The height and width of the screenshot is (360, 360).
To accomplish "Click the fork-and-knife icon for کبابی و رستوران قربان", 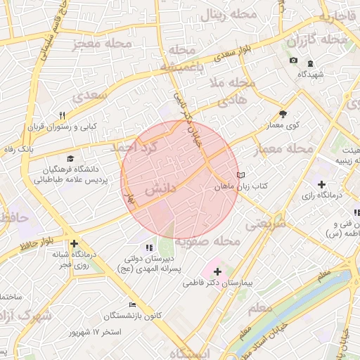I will pos(62,116).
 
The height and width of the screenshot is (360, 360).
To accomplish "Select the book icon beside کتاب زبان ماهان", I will pos(241,175).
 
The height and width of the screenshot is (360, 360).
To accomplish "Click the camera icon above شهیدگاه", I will pos(293,61).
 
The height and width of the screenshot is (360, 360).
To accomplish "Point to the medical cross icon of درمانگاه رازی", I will pos(321,184).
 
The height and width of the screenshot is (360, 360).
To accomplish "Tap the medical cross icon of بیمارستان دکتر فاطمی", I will pos(217,271).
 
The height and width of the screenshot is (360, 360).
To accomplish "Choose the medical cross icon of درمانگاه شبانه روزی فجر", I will pos(74,243).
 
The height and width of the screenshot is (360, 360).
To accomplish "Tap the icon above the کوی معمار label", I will pos(283,113).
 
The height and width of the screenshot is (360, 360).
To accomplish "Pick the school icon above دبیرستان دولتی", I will pos(148,247).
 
